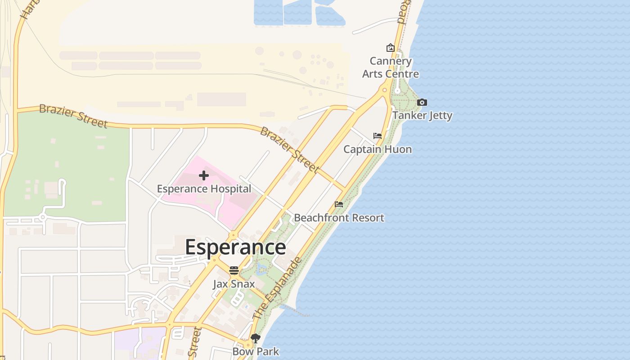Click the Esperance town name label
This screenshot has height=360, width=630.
pos(235,247)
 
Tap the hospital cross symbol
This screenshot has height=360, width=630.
pos(204,175)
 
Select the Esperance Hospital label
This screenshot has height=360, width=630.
pos(204,189)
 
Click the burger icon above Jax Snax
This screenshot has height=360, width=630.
pos(234,270)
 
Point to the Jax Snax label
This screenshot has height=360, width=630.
pos(234,284)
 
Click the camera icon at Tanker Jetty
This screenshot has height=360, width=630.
pos(422,103)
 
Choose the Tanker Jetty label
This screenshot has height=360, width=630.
pos(422,116)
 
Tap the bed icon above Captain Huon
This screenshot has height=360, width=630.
pos(378,136)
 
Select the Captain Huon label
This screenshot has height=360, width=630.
pos(378,149)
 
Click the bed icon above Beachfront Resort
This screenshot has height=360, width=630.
pos(339,204)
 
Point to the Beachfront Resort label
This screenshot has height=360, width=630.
pos(339,218)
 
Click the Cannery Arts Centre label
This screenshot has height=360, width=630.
pos(391,67)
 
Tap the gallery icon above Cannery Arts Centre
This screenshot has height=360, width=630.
pos(390,48)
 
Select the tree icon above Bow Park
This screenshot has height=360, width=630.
pos(256,338)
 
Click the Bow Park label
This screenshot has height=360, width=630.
pos(256,351)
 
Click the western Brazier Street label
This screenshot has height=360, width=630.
pos(73,116)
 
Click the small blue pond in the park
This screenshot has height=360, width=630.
pos(261,270)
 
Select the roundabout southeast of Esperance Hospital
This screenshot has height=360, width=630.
pos(233,235)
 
